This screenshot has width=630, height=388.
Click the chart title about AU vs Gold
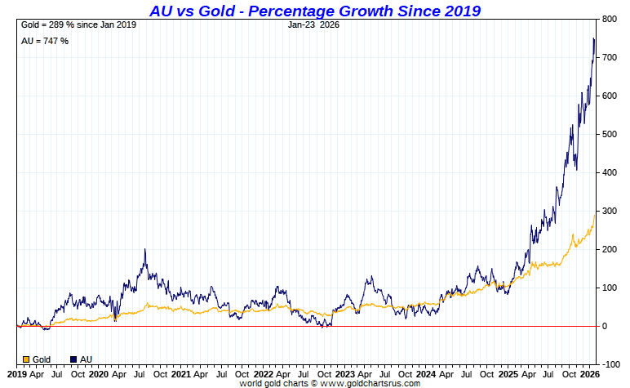[x=315, y=11]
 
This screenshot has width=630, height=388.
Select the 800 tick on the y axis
[x=609, y=19]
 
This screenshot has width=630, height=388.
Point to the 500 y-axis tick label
[x=609, y=134]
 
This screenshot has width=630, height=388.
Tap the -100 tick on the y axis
[x=608, y=364]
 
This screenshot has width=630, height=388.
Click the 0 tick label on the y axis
[x=604, y=326]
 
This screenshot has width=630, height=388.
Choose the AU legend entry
[x=84, y=359]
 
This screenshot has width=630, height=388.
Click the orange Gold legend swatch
[x=26, y=359]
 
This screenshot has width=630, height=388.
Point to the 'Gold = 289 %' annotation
[x=78, y=25]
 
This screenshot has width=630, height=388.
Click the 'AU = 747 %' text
[x=45, y=41]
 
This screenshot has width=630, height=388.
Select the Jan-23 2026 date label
[x=314, y=25]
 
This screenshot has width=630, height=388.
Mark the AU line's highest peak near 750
[x=593, y=39]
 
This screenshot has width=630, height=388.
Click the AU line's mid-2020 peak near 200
[x=145, y=250]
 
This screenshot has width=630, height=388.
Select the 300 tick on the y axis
[x=609, y=211]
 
